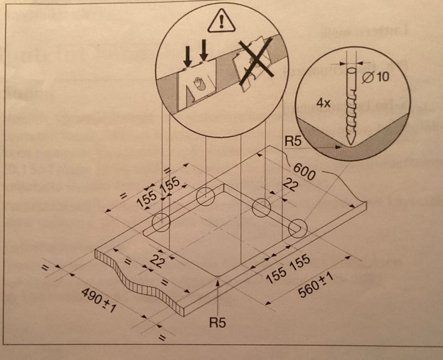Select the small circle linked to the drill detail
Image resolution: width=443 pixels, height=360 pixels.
pos(298,228)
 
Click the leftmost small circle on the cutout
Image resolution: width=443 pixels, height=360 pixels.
pos(161,222)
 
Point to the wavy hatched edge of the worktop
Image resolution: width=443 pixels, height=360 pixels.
pos(138,282)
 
